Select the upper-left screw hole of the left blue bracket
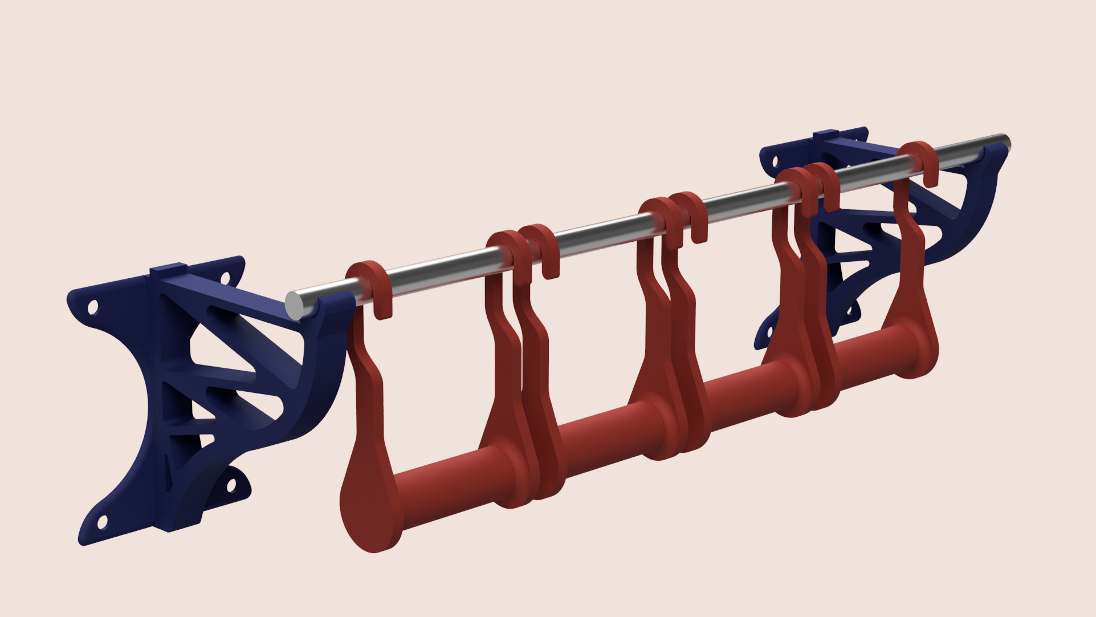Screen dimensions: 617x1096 tap(92, 307)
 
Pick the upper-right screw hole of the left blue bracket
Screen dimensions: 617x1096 tap(225, 278)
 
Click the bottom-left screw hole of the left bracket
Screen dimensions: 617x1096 tap(103, 521)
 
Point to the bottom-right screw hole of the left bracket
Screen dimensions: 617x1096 tap(231, 485)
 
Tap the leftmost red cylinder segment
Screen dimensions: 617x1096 tap(450, 482)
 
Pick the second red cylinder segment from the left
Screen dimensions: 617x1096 tap(604, 436)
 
